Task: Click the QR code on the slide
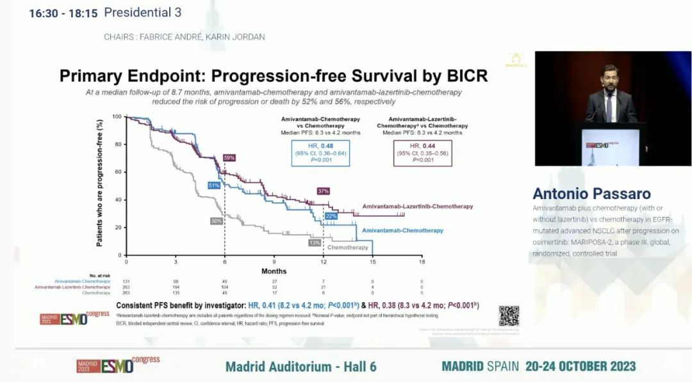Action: click(509, 315)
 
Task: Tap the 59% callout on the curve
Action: click(229, 157)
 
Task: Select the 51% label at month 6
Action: click(214, 185)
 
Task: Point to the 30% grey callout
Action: click(217, 221)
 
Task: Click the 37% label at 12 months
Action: click(323, 191)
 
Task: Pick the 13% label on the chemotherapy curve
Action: click(315, 243)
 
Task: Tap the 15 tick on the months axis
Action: click(372, 262)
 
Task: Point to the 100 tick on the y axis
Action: click(117, 116)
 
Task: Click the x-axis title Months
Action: click(274, 271)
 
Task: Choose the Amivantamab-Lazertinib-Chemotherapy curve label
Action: click(418, 207)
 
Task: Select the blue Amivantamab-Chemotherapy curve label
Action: click(402, 230)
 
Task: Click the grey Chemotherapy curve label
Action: click(348, 247)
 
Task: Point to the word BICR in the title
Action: click(463, 76)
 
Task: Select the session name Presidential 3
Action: click(142, 12)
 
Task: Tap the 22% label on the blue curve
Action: click(331, 216)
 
